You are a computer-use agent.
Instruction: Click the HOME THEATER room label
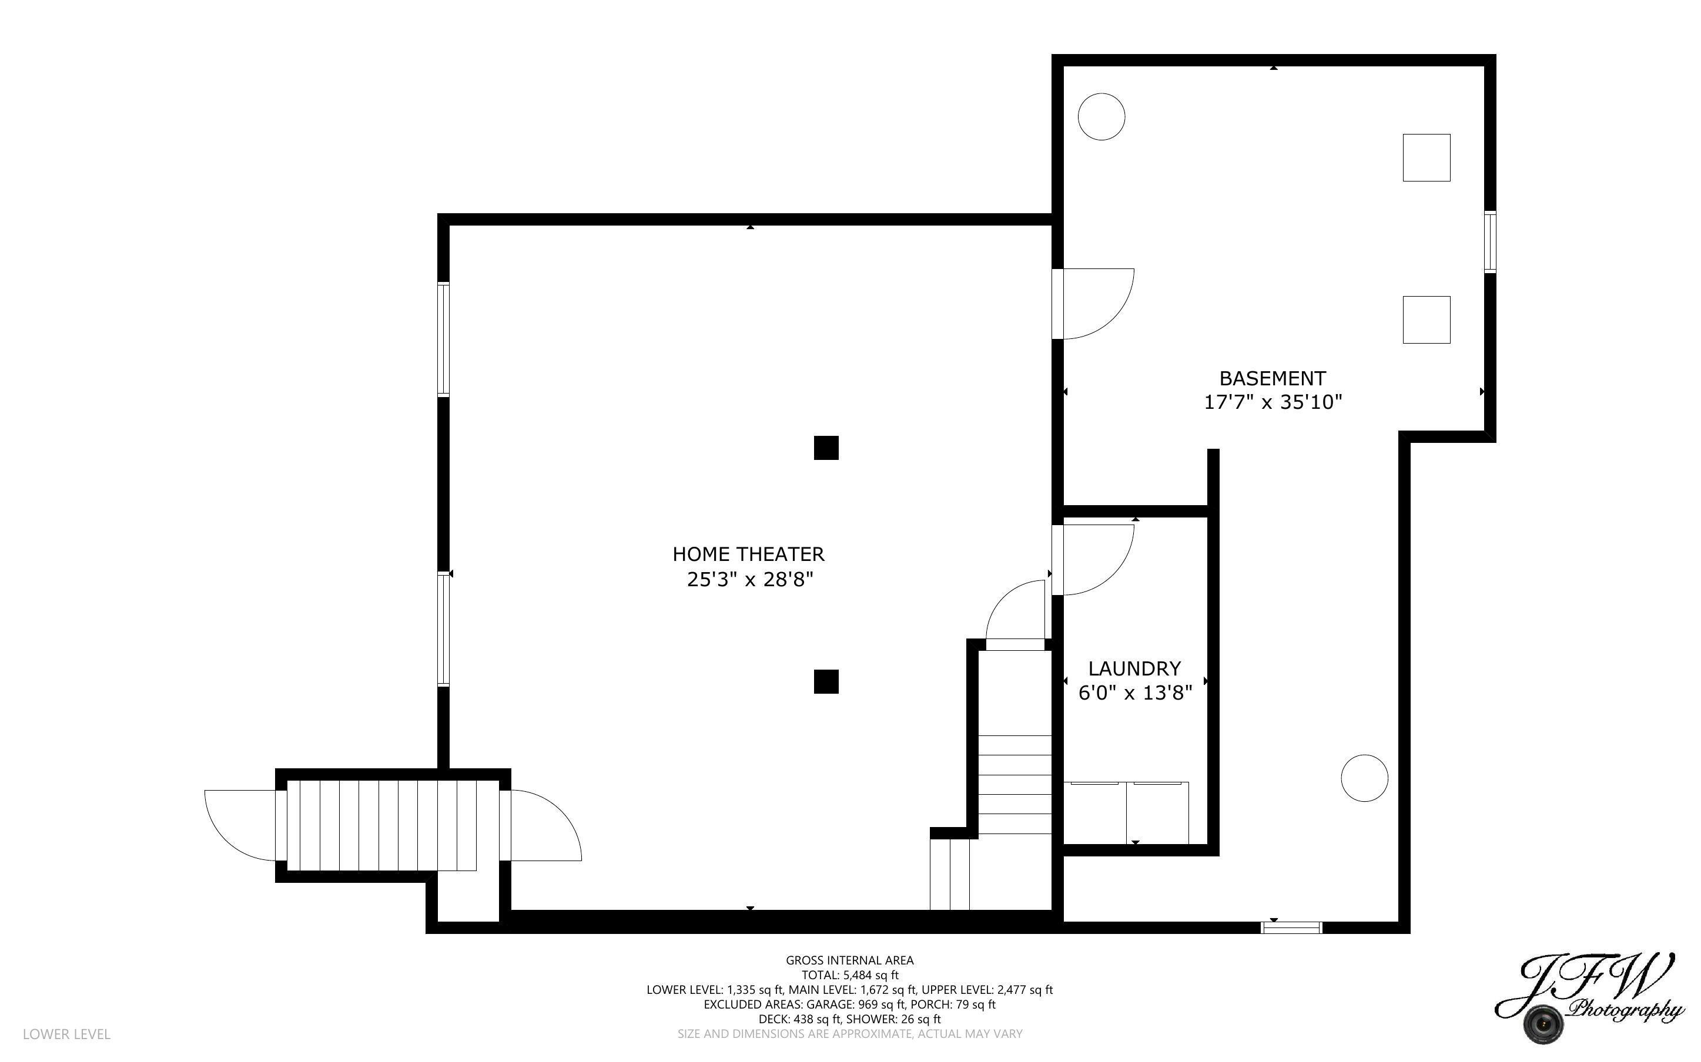click(748, 554)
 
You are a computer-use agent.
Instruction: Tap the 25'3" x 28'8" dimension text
click(749, 580)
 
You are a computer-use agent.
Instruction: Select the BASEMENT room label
click(1272, 379)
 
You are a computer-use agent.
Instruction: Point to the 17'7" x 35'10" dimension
click(1273, 402)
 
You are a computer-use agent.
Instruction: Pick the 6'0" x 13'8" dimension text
click(1135, 693)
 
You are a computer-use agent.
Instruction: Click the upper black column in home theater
click(826, 448)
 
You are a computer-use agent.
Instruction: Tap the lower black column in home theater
click(826, 681)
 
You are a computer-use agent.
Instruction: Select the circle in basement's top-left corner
click(1101, 116)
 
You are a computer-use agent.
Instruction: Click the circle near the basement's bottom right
click(1364, 778)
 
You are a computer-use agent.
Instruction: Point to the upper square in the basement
click(1427, 157)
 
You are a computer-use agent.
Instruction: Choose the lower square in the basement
click(1427, 320)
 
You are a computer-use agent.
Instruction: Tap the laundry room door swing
click(1096, 559)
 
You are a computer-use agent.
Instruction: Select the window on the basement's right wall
click(1489, 241)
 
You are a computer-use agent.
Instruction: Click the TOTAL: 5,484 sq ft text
click(849, 975)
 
